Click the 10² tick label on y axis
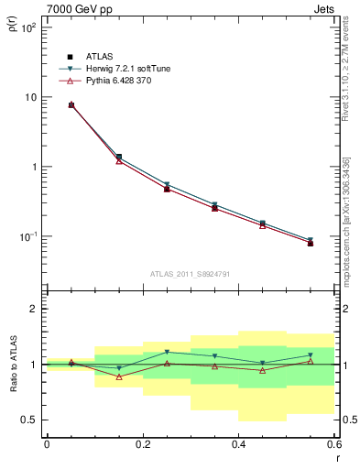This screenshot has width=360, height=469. (29, 27)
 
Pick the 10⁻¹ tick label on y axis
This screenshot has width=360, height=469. (29, 236)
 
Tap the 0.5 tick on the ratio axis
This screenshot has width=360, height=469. (29, 420)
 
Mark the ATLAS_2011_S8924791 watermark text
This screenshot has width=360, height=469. (191, 274)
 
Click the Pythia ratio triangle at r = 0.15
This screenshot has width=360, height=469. (119, 376)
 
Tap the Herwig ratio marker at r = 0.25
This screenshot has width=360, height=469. (167, 352)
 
